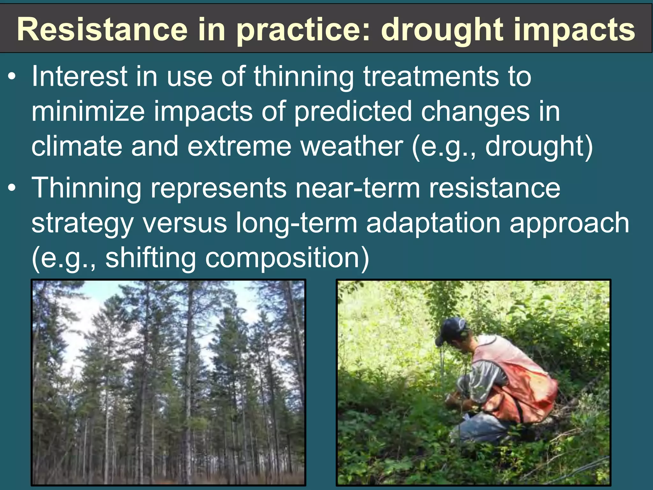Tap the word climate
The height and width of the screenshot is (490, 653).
click(x=77, y=146)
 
